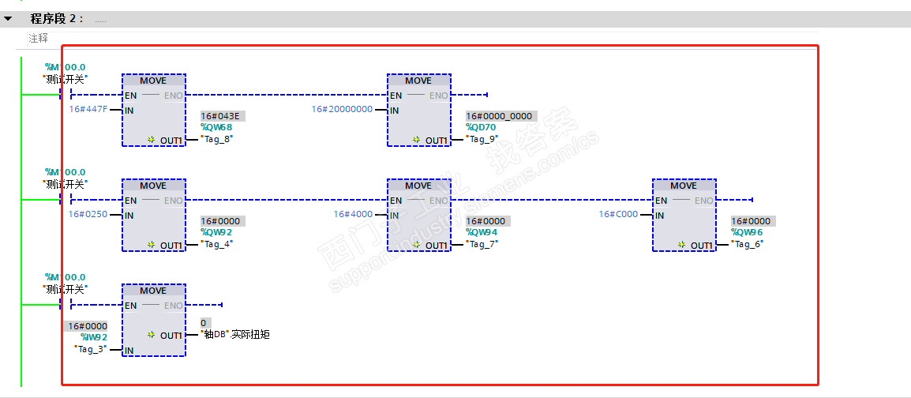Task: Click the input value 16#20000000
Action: coord(342,110)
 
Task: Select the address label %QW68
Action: coord(216,127)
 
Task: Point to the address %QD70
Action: coord(481,127)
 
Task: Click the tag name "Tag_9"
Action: coord(482,139)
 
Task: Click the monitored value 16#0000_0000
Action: coord(499,116)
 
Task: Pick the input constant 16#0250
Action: coord(87,214)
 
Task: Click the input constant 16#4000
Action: coord(353,214)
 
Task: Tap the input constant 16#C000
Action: coord(618,214)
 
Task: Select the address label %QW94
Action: coord(482,232)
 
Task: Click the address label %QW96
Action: coord(747,232)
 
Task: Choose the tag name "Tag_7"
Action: coord(482,244)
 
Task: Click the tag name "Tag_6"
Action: coord(748,244)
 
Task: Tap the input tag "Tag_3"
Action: coord(91,349)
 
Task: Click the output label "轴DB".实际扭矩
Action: coord(235,335)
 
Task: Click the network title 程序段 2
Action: coord(57,19)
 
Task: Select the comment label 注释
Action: coord(38,38)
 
